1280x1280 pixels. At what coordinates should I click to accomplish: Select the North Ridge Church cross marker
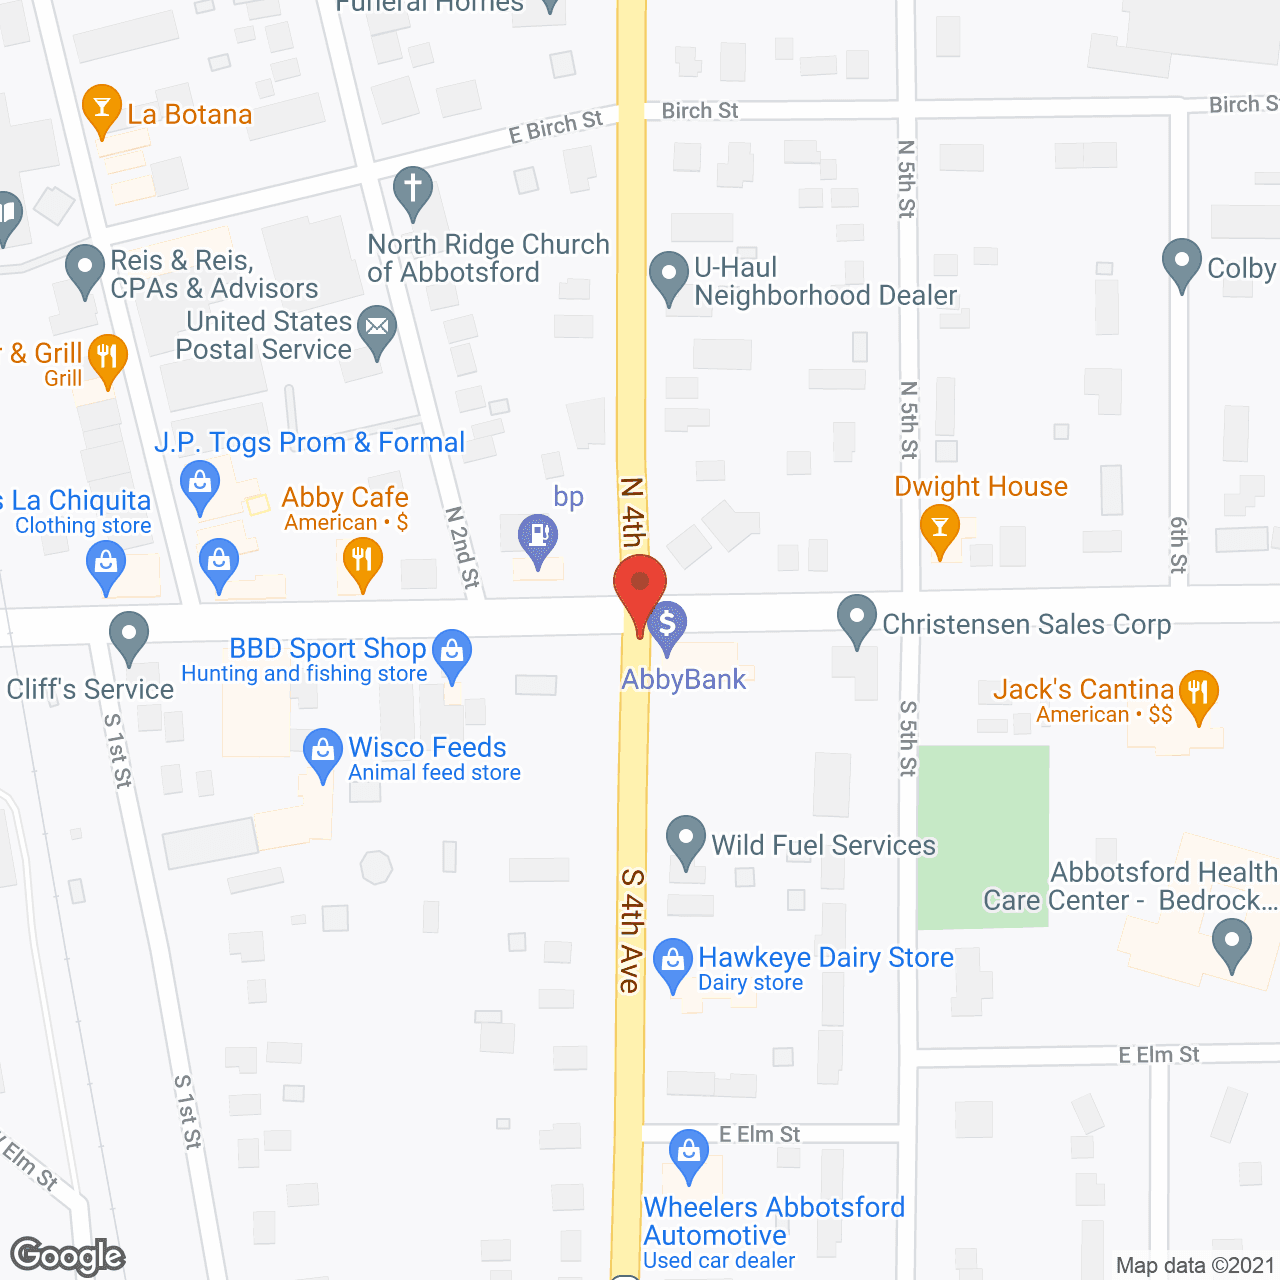(413, 190)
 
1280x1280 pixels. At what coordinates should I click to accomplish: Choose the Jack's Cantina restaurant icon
(1198, 693)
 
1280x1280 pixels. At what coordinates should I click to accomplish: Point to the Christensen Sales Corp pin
(856, 619)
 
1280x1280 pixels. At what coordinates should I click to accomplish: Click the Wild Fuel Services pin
(686, 840)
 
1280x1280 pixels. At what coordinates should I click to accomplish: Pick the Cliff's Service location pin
(129, 635)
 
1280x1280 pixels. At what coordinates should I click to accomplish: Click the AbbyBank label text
(684, 680)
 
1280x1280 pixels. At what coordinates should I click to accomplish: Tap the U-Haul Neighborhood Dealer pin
(669, 276)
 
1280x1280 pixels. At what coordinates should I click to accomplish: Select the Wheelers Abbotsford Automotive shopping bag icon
(689, 1154)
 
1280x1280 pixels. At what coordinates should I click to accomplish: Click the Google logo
(68, 1256)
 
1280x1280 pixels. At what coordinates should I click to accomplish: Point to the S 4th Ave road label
(631, 930)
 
